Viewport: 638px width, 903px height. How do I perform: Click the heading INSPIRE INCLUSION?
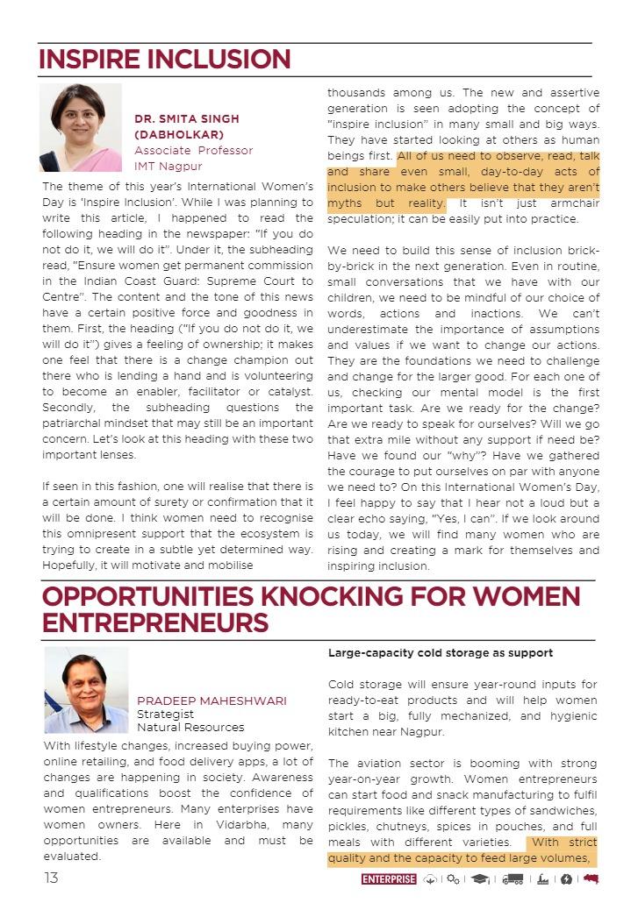[x=164, y=59]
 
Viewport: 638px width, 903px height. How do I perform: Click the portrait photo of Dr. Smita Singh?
[x=81, y=128]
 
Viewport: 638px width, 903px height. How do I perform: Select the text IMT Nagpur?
[x=168, y=166]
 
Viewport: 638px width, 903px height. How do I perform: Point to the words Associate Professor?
[x=193, y=150]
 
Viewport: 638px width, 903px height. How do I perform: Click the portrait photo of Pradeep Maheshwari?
[x=86, y=690]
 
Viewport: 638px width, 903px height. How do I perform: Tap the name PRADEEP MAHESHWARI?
[x=211, y=700]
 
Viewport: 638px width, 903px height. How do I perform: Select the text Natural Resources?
[x=190, y=727]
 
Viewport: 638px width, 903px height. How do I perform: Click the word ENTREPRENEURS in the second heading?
[x=154, y=623]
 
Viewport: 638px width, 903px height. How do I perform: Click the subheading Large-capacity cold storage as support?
[x=441, y=653]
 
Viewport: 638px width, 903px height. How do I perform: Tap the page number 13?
[x=52, y=878]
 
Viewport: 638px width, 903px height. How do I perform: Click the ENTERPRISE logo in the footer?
[x=388, y=879]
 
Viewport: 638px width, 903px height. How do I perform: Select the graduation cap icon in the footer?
[x=479, y=879]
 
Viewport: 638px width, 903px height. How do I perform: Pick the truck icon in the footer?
[x=513, y=879]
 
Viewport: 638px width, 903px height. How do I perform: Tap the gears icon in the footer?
[x=453, y=879]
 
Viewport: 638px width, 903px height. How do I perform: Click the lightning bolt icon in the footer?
[x=566, y=879]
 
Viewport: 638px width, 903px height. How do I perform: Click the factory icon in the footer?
[x=543, y=879]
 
